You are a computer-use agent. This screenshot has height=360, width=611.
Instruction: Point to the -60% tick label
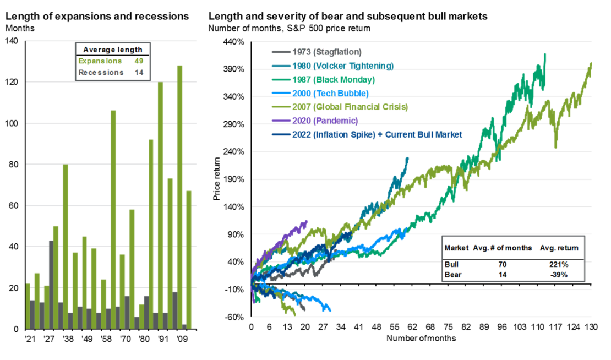(233, 317)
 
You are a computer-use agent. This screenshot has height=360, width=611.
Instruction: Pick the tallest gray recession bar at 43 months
(51, 285)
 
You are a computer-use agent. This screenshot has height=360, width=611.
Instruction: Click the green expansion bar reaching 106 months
(113, 220)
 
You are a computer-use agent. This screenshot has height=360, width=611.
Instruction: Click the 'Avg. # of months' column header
(503, 248)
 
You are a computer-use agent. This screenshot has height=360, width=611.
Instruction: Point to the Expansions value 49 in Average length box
(139, 61)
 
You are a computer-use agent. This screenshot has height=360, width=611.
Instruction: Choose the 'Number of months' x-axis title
(421, 338)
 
